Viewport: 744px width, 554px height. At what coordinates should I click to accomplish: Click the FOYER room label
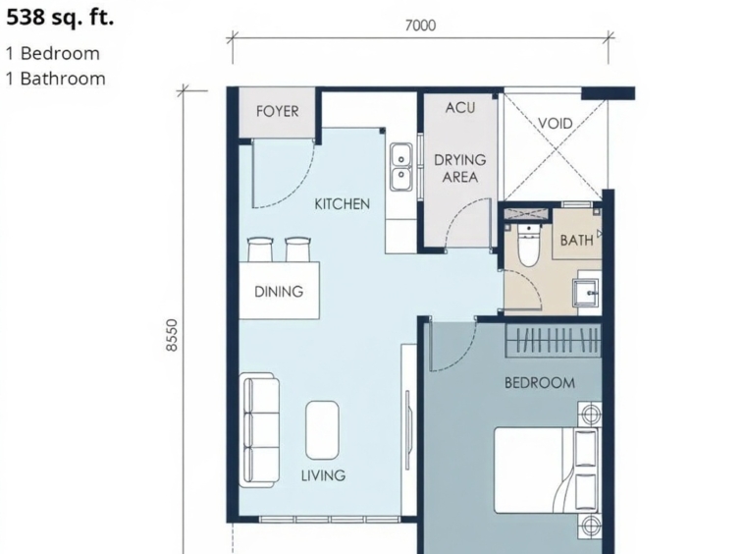coord(278,112)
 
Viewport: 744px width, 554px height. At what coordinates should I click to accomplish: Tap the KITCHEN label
coord(343,204)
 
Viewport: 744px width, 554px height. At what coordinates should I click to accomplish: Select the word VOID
coord(556,124)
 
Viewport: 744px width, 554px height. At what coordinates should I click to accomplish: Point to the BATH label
coord(576,241)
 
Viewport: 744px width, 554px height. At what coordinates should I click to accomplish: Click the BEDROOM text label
coord(540,383)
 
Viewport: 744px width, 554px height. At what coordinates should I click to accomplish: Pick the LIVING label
coord(323,475)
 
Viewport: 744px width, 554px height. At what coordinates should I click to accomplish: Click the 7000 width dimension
coord(420,26)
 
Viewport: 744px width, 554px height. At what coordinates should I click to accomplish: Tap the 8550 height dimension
coord(172,335)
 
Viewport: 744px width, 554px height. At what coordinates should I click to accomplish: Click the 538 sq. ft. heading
coord(60,18)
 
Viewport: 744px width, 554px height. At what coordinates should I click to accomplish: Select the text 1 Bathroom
coord(56,79)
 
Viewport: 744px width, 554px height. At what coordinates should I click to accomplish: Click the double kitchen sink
coord(401,167)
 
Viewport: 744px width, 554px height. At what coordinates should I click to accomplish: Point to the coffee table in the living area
coord(322,430)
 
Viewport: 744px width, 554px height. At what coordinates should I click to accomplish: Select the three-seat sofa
coord(259,430)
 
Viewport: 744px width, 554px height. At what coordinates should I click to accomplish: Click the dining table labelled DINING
coord(279,291)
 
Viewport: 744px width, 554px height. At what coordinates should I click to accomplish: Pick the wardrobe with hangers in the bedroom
coord(554,341)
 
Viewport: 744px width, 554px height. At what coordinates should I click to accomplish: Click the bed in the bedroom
coord(548,470)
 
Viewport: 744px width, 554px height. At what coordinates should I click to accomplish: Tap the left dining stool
coord(260,249)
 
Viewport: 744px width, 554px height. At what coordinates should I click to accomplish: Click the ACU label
coord(459,108)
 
